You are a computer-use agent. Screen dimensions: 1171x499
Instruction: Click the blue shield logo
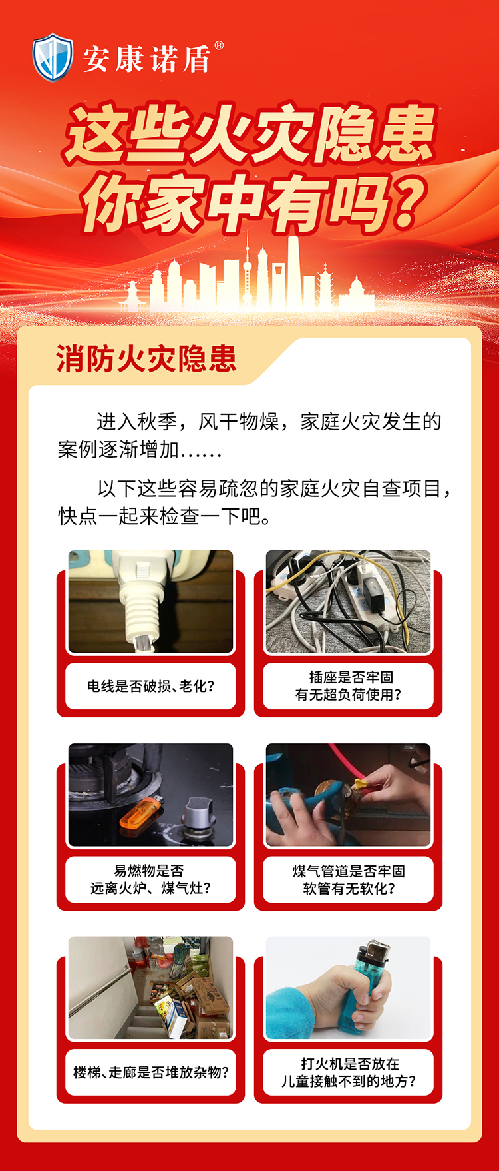tap(53, 58)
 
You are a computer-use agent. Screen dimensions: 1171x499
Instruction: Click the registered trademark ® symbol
tap(219, 46)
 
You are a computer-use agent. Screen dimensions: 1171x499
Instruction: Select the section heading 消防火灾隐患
tap(146, 359)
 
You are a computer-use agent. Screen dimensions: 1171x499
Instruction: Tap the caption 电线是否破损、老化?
tap(150, 686)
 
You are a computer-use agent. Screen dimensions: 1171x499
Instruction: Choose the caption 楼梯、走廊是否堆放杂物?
tap(150, 1072)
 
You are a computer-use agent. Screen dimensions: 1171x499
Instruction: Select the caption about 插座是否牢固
tap(348, 686)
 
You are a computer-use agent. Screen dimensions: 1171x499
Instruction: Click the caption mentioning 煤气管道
tap(348, 879)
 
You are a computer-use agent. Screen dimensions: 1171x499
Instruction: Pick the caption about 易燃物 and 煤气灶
tap(150, 879)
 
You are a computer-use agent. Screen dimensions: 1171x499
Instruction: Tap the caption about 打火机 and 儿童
tap(348, 1072)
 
